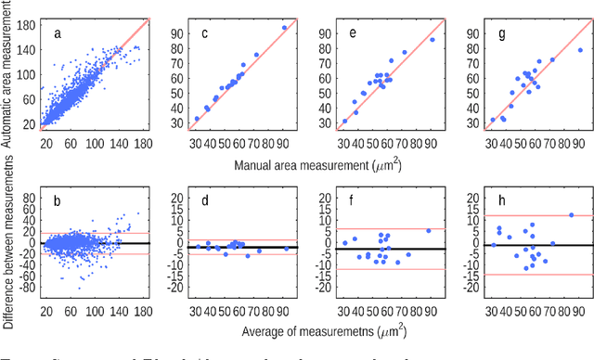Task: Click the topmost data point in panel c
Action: (x=284, y=28)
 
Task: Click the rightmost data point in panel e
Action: (x=432, y=39)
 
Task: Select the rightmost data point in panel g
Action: (x=580, y=50)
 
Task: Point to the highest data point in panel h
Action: (x=571, y=214)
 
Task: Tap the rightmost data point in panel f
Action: (x=428, y=230)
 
